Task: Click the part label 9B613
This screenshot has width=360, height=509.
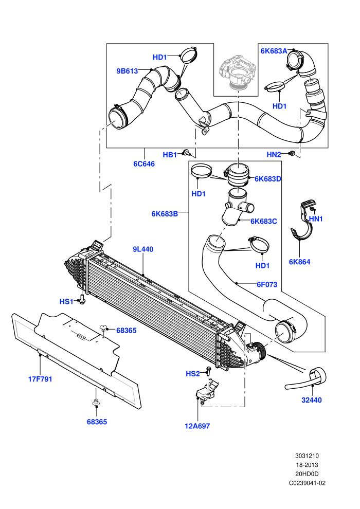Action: click(127, 71)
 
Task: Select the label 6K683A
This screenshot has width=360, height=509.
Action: click(274, 51)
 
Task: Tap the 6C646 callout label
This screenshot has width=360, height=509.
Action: click(144, 164)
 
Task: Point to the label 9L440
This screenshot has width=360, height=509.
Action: click(143, 249)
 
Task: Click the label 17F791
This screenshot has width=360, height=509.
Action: click(40, 379)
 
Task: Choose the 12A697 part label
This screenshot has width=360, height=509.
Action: click(197, 426)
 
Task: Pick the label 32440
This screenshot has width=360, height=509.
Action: click(312, 400)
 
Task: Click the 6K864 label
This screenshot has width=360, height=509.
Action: click(300, 262)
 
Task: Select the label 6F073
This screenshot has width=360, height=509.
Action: click(267, 284)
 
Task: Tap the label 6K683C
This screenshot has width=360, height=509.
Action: click(264, 221)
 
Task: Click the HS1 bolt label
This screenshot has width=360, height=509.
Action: click(66, 302)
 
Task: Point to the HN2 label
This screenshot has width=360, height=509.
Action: click(274, 155)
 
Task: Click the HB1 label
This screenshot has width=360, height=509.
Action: click(169, 155)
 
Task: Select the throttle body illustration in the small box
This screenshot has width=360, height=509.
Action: click(237, 72)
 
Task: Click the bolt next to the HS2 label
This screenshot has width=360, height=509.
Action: click(208, 370)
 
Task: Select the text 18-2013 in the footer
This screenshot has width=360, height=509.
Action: click(307, 465)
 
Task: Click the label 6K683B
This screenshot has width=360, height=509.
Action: click(165, 214)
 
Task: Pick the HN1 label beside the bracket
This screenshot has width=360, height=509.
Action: click(316, 219)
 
